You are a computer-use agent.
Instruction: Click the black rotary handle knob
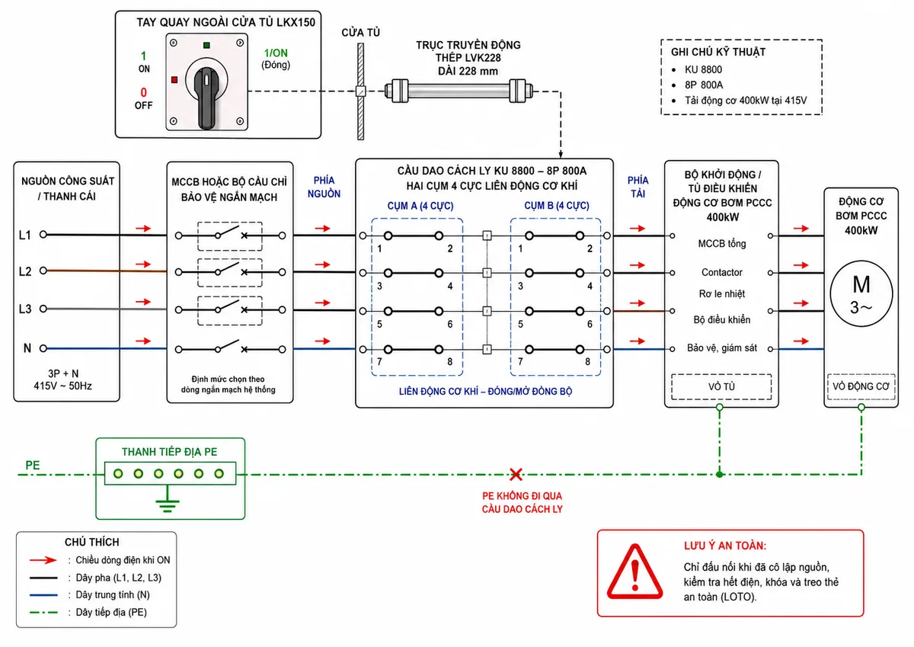click(x=207, y=98)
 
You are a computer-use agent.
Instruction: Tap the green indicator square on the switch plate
click(x=206, y=45)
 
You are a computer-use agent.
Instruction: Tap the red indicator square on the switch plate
click(x=174, y=79)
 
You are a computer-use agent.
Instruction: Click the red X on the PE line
click(x=516, y=474)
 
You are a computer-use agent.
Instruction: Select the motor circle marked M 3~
click(x=861, y=293)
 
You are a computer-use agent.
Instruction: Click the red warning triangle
click(x=634, y=572)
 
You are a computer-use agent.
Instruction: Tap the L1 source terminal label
click(x=25, y=235)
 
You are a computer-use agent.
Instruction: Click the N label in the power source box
click(x=27, y=348)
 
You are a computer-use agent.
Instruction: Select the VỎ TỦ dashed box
click(x=721, y=386)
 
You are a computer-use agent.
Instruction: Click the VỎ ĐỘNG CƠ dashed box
click(x=861, y=386)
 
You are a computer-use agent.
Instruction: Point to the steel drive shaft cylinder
click(x=459, y=90)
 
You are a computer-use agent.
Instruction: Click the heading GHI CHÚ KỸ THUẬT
click(x=718, y=52)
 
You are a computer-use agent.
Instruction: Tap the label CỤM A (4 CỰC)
click(x=420, y=206)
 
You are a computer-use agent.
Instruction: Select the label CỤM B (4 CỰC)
click(x=557, y=205)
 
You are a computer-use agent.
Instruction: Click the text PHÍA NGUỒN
click(x=324, y=187)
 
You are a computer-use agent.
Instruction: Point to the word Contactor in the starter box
click(x=721, y=272)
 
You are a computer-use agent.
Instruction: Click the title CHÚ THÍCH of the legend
click(x=92, y=542)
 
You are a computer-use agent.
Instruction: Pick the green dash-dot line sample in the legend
click(x=43, y=612)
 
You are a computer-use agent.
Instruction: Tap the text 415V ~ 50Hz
click(x=62, y=386)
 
